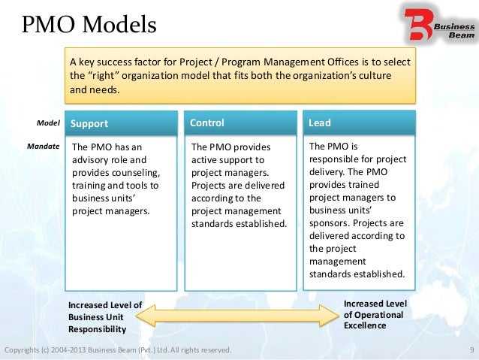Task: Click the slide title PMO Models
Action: point(89,26)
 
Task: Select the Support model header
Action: point(90,123)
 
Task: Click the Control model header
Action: point(207,123)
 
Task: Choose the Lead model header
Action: point(320,123)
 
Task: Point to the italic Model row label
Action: point(48,123)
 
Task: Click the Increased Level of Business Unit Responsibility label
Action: point(104,317)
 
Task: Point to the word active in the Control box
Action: point(205,160)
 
